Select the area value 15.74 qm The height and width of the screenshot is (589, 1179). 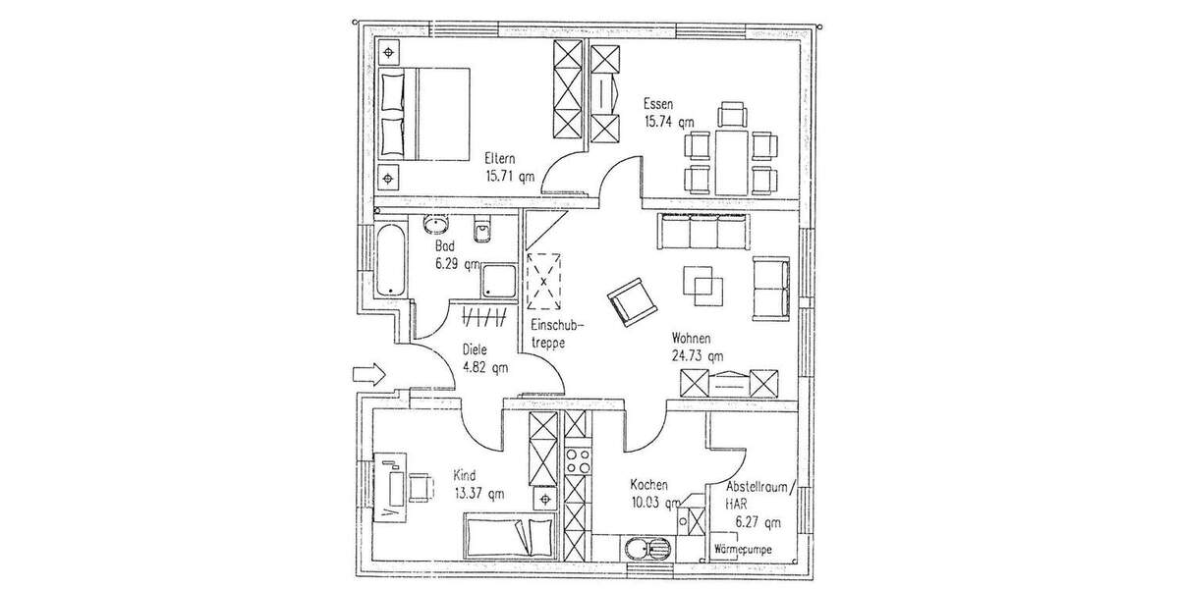click(x=669, y=122)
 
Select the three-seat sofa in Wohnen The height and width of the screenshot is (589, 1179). click(x=702, y=234)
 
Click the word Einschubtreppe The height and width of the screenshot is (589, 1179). click(x=557, y=334)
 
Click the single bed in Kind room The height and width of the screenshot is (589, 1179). click(x=508, y=535)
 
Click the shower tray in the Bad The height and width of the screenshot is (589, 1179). click(x=498, y=281)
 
